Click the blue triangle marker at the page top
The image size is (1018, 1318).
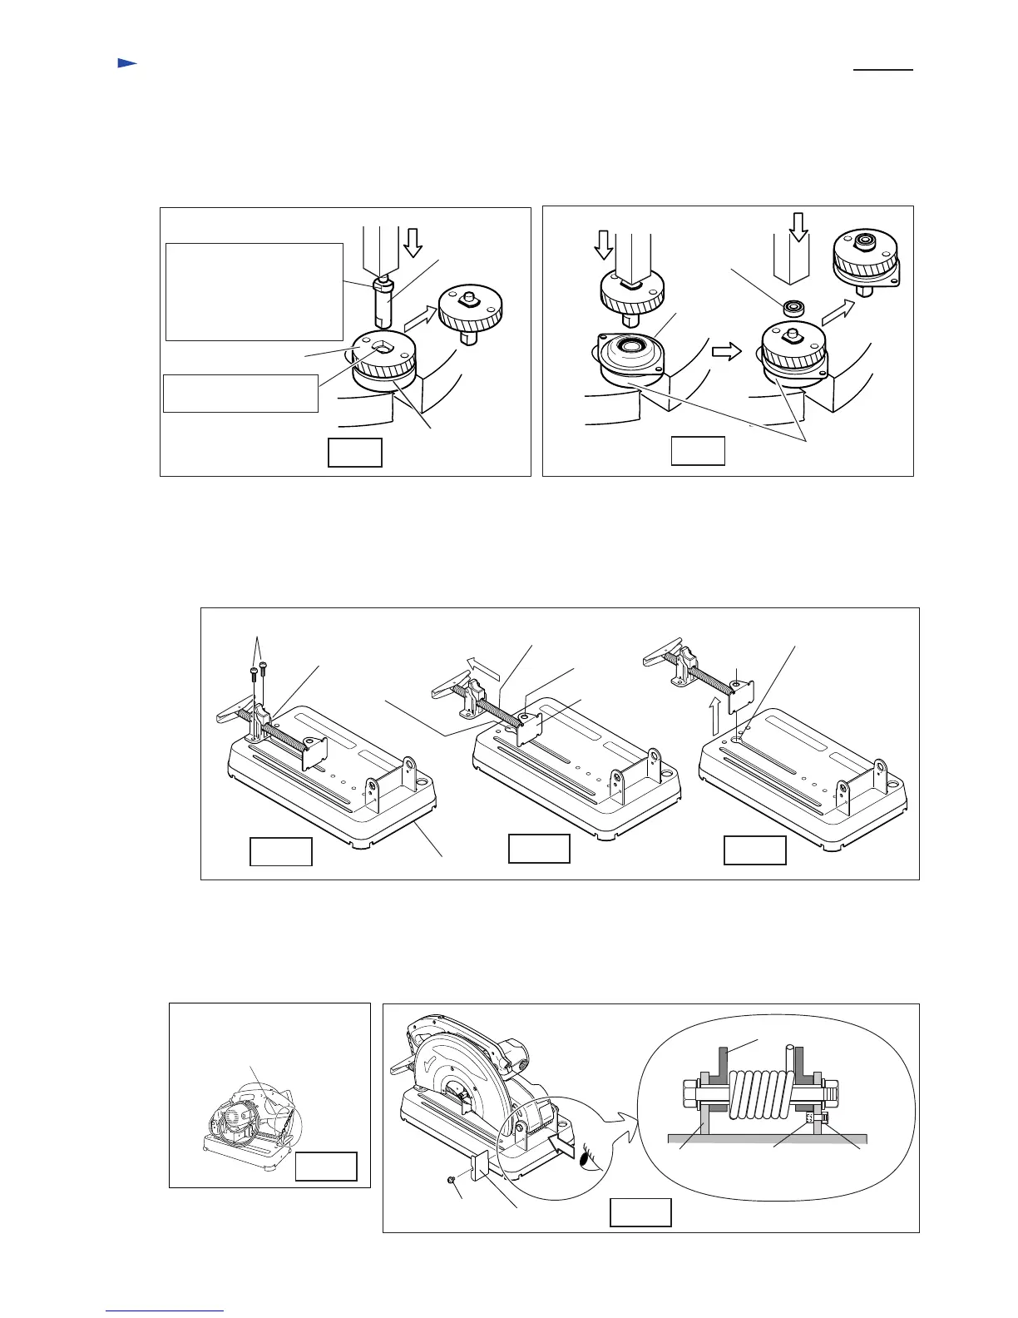coord(126,63)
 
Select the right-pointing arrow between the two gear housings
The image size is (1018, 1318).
coord(725,352)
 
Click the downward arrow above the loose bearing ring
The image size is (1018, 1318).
coord(798,225)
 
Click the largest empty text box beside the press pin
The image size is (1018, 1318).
coord(254,291)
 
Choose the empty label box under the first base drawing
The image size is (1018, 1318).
coord(281,851)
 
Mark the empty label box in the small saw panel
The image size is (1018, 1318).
coord(326,1167)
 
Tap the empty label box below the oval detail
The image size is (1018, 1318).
coord(640,1211)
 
